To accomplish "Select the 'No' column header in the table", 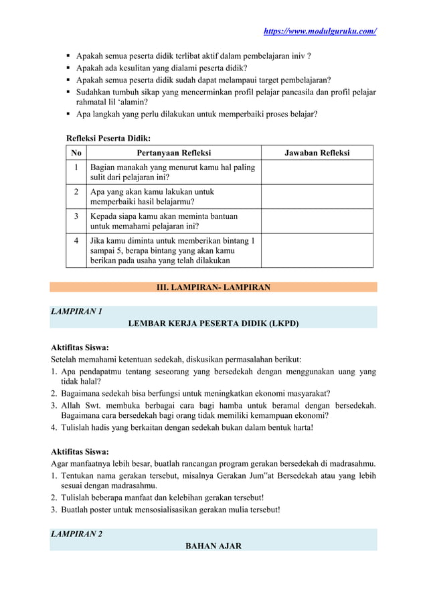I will point(76,153).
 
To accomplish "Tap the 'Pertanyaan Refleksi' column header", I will point(173,153).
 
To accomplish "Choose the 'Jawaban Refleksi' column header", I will point(317,153).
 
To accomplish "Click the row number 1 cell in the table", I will point(76,167).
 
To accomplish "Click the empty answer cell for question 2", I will point(317,196).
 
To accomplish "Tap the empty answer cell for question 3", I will point(317,221).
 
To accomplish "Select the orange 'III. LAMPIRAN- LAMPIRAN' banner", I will point(213,287).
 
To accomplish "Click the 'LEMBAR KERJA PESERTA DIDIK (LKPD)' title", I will point(213,323).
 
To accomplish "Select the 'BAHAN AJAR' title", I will point(213,546).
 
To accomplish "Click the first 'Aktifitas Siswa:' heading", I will point(80,348).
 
